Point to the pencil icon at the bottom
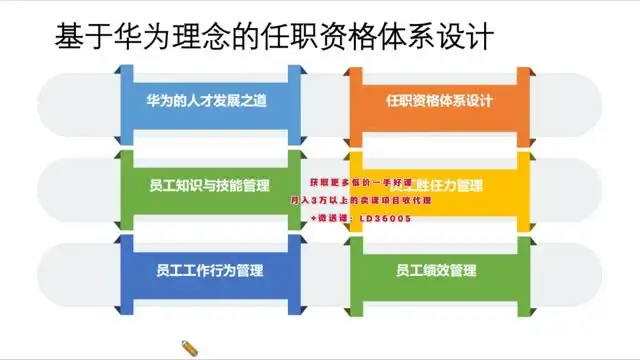coord(189,347)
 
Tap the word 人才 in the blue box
coord(193,102)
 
